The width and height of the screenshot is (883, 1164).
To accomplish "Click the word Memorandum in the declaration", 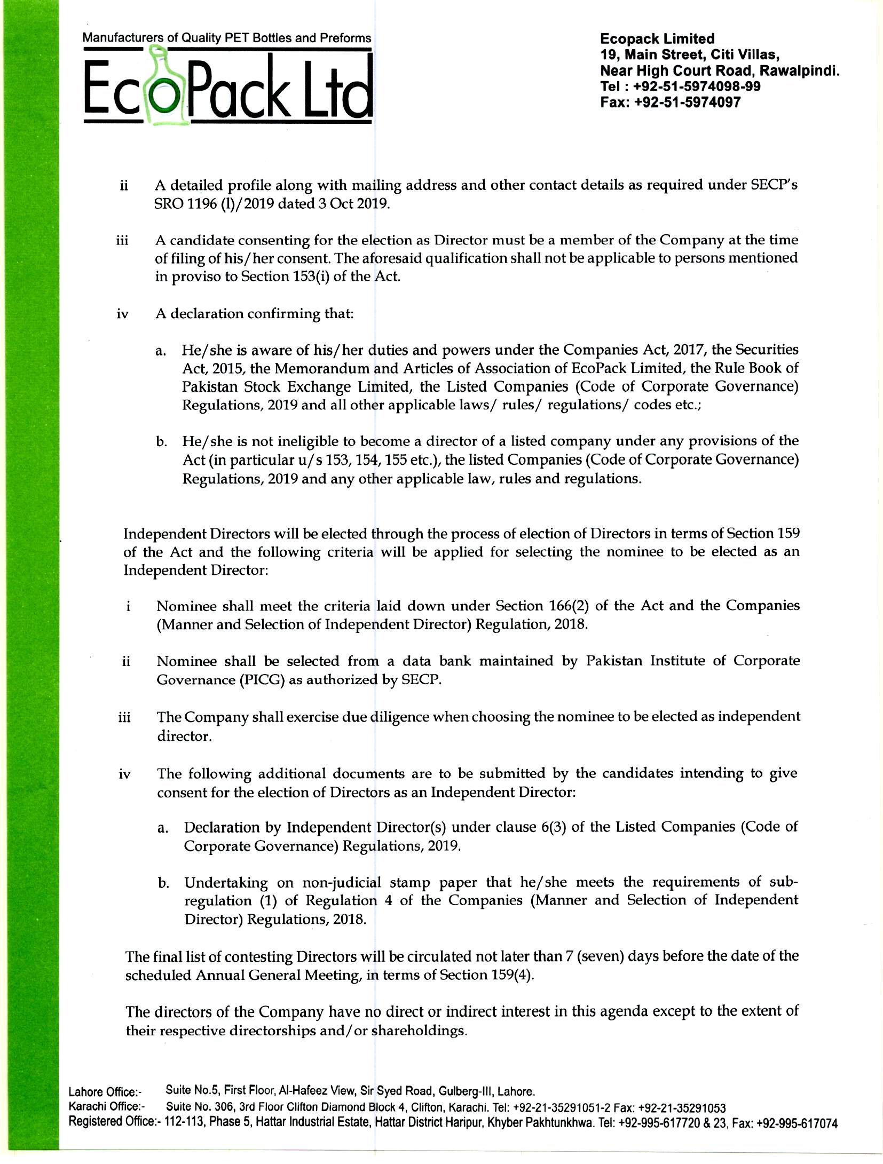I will click(310, 368).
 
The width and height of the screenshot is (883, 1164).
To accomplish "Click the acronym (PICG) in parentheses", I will click(263, 680).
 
